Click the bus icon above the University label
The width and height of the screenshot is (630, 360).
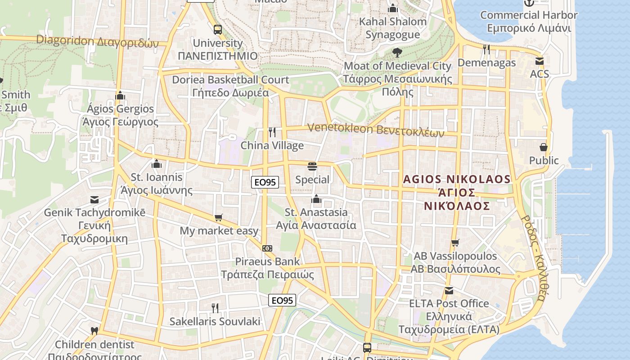[218, 30]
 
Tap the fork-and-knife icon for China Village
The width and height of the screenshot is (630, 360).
[272, 132]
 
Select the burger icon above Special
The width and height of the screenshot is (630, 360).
[312, 166]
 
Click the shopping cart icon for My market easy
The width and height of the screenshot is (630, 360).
[219, 218]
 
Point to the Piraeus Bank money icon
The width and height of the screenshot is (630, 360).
[267, 248]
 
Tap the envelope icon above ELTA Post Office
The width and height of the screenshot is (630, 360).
[449, 290]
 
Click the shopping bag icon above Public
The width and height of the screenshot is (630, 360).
[544, 147]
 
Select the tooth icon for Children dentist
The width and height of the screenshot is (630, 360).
[94, 331]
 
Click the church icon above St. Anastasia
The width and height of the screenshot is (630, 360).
[316, 199]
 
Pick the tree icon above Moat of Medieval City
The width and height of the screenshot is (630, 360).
[397, 53]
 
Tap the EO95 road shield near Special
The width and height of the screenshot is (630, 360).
[265, 182]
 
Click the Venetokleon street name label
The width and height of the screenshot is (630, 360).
[376, 130]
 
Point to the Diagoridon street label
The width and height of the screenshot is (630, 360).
[98, 41]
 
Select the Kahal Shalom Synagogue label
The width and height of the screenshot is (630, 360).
[393, 28]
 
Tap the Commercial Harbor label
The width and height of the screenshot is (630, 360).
[529, 21]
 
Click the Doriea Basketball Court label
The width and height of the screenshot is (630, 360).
[230, 86]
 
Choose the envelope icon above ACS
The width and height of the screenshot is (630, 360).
[539, 61]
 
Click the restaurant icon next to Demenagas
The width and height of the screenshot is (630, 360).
[486, 49]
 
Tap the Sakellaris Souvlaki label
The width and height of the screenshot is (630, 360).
[215, 321]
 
